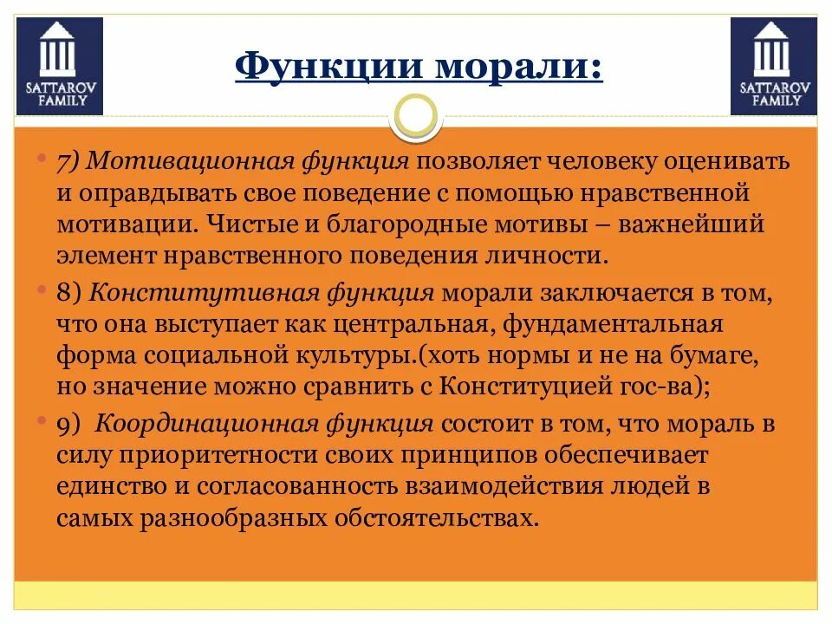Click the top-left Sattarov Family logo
59,67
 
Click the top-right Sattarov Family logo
773,67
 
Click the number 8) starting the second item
70,293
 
